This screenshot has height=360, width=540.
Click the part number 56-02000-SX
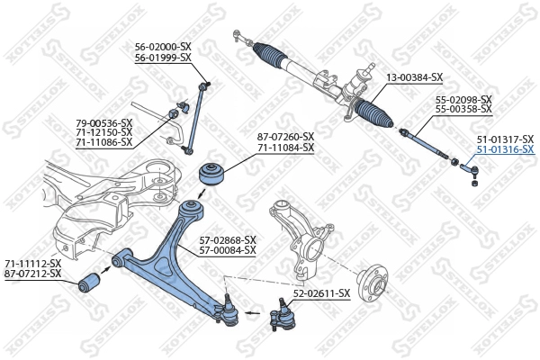click(163, 47)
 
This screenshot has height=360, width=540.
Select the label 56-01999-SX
click(163, 58)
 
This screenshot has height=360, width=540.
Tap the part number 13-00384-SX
click(414, 77)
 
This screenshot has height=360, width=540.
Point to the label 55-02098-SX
click(463, 99)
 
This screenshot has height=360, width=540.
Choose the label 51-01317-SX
click(505, 139)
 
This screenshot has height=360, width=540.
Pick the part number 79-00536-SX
click(103, 121)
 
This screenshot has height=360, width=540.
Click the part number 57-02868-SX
click(228, 239)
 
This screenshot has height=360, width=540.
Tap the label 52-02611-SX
click(321, 293)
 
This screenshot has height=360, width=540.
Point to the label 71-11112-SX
click(33, 263)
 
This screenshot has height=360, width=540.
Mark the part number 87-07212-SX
click(33, 273)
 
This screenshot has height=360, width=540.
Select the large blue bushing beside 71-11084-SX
click(212, 174)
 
